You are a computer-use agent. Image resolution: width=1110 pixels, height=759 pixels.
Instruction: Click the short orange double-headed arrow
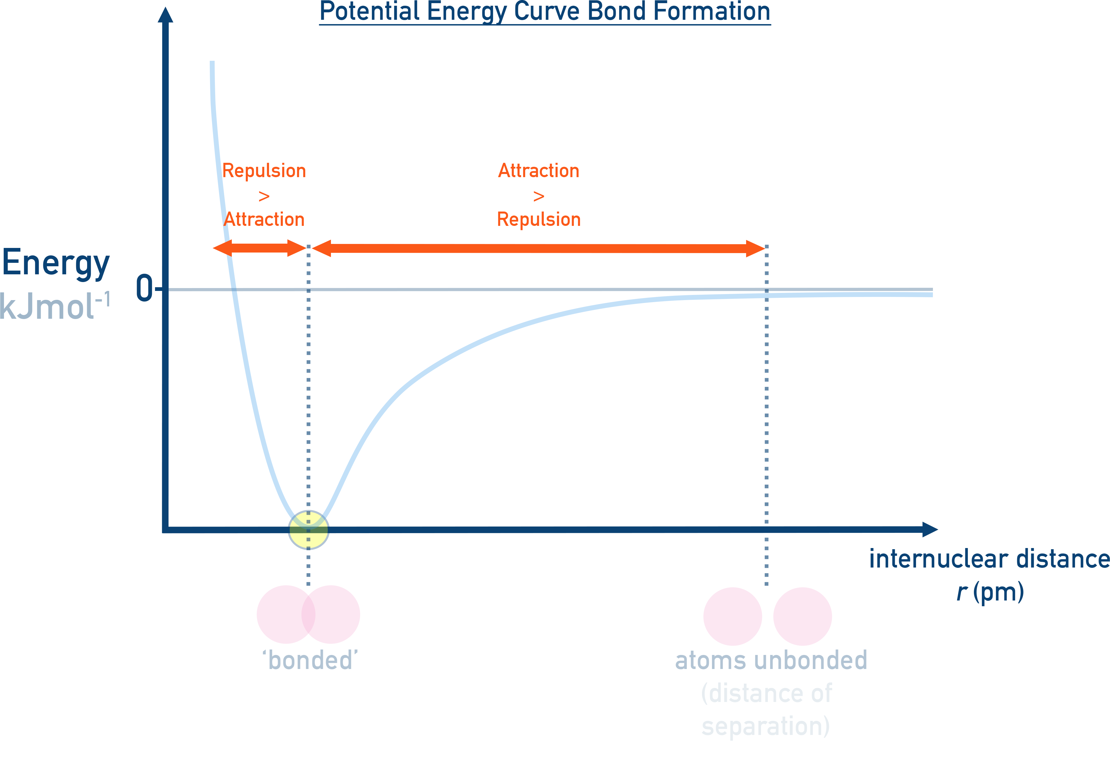[259, 248]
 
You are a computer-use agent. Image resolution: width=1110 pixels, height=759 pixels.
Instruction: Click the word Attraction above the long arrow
[539, 171]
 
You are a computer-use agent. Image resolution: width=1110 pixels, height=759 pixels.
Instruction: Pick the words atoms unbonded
[770, 661]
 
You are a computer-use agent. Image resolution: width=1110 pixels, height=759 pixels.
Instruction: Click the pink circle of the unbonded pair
[802, 616]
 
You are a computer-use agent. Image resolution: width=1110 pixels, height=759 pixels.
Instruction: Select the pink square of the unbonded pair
[732, 616]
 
